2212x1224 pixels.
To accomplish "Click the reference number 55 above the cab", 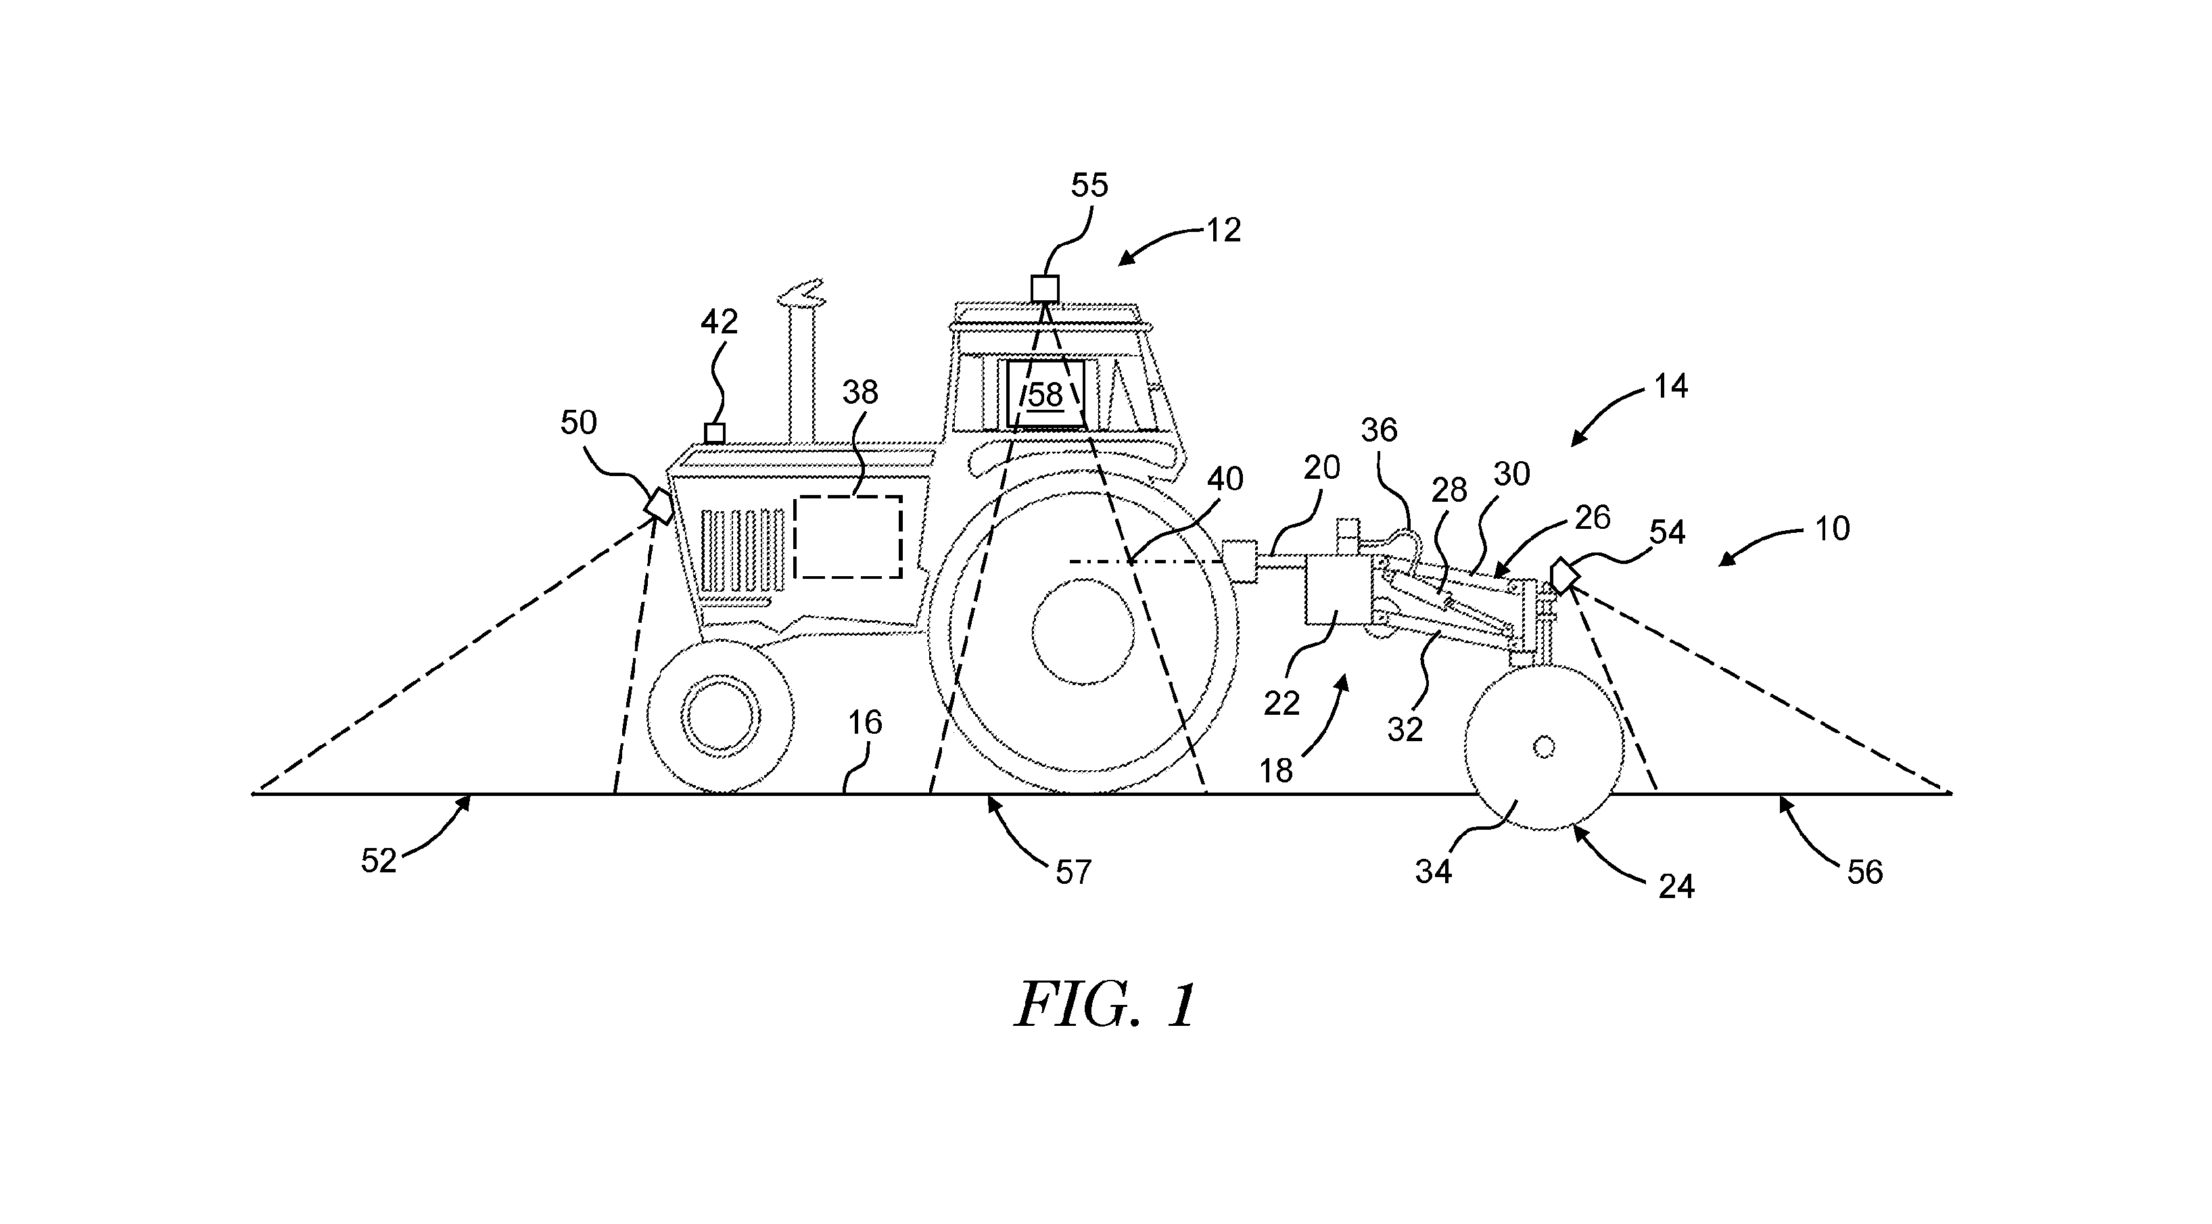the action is (1089, 185).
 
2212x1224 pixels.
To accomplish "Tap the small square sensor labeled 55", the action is (1045, 289).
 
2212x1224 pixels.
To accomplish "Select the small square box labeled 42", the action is (714, 433).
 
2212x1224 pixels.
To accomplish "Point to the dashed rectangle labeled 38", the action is (847, 537).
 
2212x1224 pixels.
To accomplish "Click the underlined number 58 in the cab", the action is (1045, 395).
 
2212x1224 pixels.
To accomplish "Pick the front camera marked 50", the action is (660, 506).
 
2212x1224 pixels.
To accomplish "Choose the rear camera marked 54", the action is (1565, 575).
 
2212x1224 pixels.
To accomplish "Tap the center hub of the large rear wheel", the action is (1083, 632).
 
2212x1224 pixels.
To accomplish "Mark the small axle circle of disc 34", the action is (1543, 748).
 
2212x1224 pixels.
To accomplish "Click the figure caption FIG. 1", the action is (1105, 1006).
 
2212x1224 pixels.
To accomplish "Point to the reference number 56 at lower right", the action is (1864, 872).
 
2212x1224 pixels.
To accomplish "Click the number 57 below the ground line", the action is (1073, 872).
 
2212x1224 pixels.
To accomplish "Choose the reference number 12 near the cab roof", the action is (1223, 230).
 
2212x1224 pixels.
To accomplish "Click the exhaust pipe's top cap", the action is (800, 293).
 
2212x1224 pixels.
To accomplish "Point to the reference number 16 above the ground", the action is (865, 723).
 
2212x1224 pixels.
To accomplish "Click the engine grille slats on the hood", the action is (743, 550).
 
